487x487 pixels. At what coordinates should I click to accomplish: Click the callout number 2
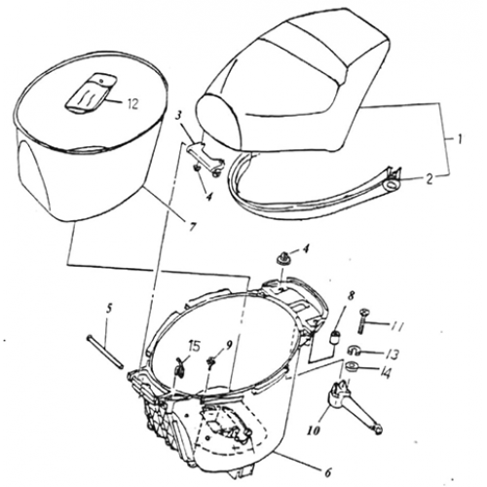429,177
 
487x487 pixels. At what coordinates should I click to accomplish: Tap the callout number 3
181,116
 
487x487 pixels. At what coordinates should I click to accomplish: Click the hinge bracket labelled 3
202,153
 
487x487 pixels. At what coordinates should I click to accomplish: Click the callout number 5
111,310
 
